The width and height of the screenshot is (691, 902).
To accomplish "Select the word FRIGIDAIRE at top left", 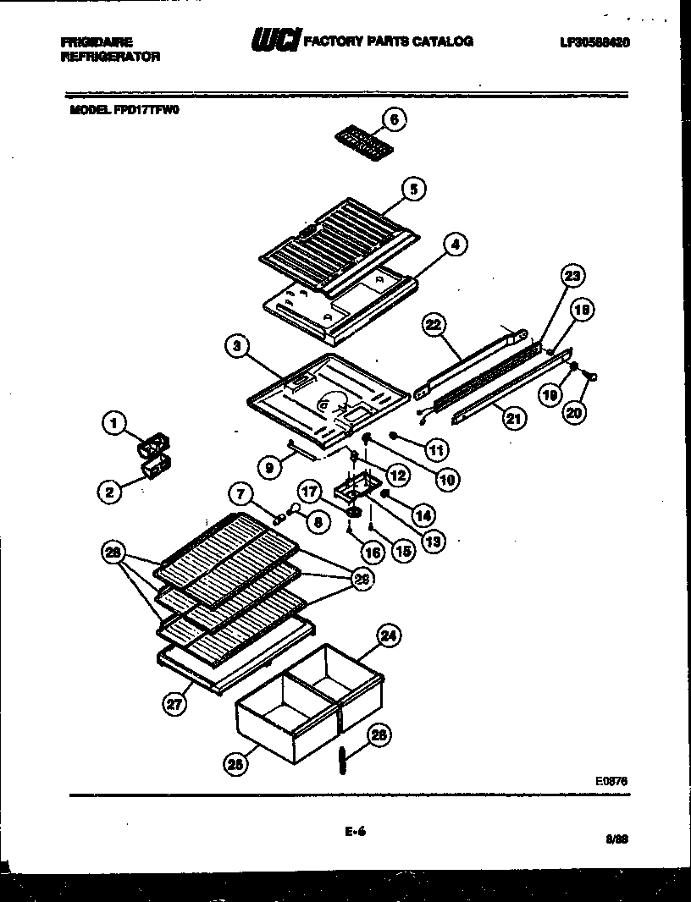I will click(97, 41).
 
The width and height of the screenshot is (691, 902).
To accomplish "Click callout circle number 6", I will click(393, 120).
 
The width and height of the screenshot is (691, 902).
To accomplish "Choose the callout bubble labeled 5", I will click(412, 190).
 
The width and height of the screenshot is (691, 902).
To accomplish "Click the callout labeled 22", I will click(434, 325).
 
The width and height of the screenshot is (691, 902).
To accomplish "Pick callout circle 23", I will click(572, 277).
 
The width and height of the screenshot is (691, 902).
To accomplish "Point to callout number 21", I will click(513, 415).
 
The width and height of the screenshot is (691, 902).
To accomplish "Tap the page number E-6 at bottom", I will click(354, 832).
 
